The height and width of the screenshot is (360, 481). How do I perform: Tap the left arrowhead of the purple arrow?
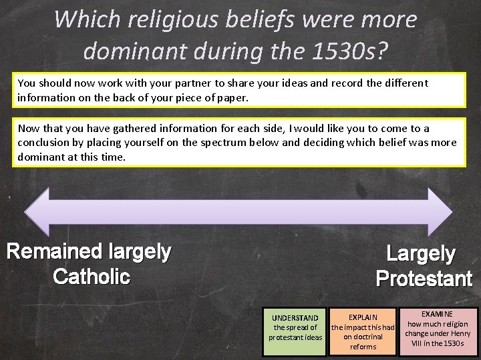[x=37, y=212]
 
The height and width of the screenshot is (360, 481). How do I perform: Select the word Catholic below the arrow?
[x=92, y=276]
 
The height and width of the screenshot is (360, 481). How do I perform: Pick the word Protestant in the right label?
[x=424, y=278]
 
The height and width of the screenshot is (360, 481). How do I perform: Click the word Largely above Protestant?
[x=421, y=254]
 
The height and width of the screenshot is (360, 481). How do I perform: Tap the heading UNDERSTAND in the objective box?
[x=295, y=318]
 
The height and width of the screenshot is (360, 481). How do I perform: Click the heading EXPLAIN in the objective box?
[x=363, y=318]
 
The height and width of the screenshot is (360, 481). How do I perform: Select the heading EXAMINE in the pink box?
[x=438, y=314]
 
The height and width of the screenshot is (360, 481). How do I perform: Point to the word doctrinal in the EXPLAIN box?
[x=363, y=337]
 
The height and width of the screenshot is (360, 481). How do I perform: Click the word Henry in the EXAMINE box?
[x=458, y=333]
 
